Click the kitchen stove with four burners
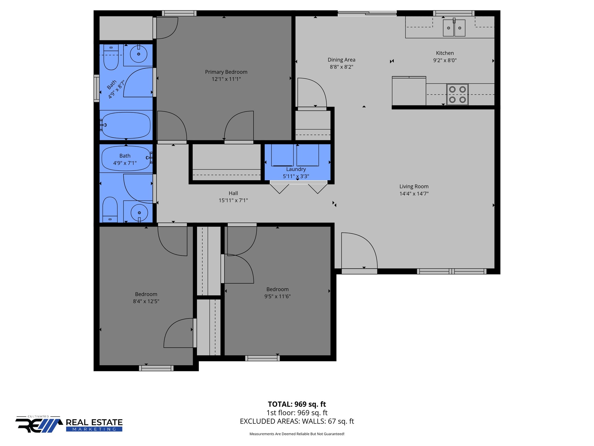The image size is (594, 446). (457, 94)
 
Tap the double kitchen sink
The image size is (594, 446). (454, 28)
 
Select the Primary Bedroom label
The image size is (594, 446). (226, 72)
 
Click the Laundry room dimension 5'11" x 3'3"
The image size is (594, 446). (296, 176)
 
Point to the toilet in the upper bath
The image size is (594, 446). (111, 58)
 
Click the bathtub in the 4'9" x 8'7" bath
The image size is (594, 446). (126, 125)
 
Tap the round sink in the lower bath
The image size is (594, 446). (139, 213)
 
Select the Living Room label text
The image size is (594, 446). (414, 186)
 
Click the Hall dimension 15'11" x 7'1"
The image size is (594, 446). (233, 200)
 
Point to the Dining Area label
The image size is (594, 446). (341, 60)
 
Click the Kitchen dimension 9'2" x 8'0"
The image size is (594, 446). (445, 60)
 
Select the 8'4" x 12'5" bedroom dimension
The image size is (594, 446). (146, 301)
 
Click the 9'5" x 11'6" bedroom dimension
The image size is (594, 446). (277, 296)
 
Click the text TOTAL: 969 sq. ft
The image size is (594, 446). (297, 404)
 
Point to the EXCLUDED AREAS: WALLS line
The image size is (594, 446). (297, 421)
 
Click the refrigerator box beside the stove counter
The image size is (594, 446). (409, 91)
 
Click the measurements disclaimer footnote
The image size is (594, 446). (297, 434)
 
